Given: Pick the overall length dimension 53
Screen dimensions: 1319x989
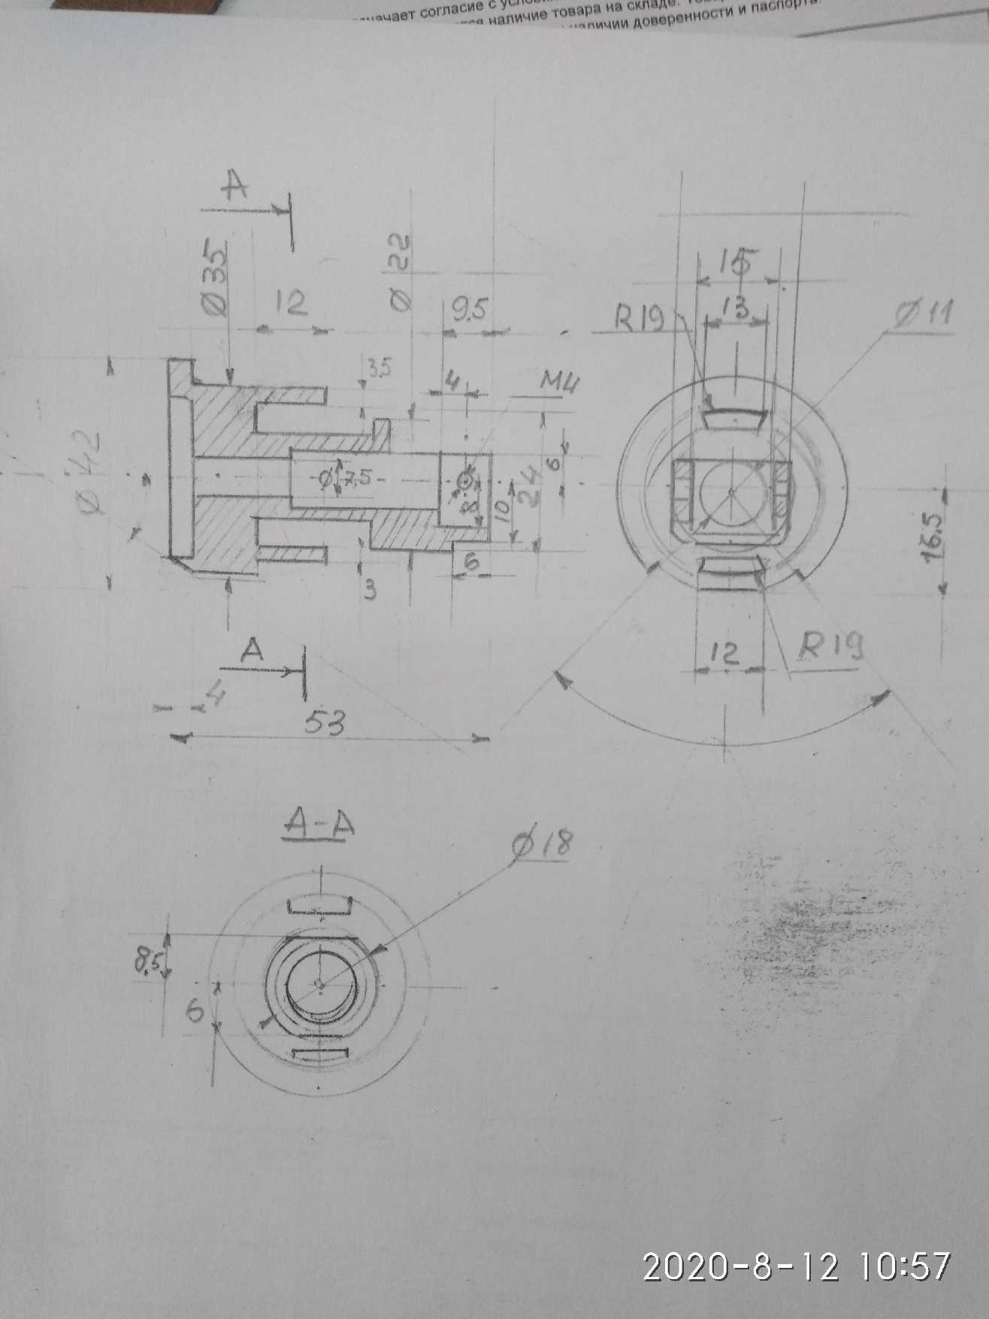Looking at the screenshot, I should (x=324, y=723).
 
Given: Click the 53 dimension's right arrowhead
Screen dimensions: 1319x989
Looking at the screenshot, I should (x=480, y=739).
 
